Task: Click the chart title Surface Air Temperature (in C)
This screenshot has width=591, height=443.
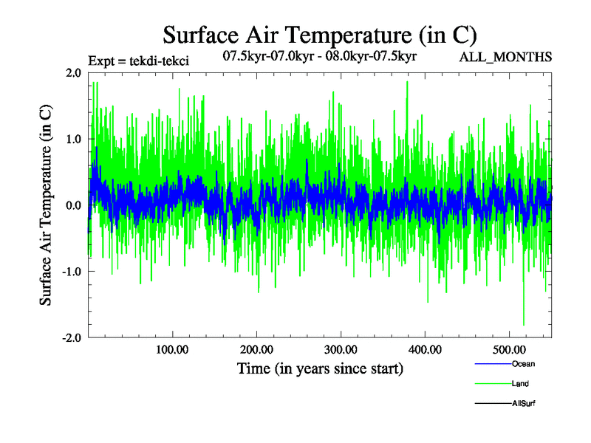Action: (x=320, y=35)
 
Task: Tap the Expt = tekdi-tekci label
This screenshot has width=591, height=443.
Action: (x=138, y=61)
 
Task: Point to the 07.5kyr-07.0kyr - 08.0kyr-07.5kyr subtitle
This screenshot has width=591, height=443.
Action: (x=321, y=56)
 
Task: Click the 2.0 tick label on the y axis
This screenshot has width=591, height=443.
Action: (x=73, y=72)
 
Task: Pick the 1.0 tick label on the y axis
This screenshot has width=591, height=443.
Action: (x=73, y=139)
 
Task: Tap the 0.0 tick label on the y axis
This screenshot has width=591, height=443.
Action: (x=73, y=205)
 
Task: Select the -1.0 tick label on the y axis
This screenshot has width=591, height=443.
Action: (x=71, y=272)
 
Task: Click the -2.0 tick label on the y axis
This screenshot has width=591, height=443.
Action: (x=71, y=337)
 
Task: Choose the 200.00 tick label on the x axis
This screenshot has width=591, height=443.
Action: (x=256, y=349)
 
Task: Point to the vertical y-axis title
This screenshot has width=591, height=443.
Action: (x=46, y=205)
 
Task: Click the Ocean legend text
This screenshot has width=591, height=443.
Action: (x=523, y=364)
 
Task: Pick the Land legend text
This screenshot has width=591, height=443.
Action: (x=520, y=384)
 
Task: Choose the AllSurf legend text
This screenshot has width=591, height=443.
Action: (x=524, y=404)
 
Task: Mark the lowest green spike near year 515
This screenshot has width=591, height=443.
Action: (x=524, y=324)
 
